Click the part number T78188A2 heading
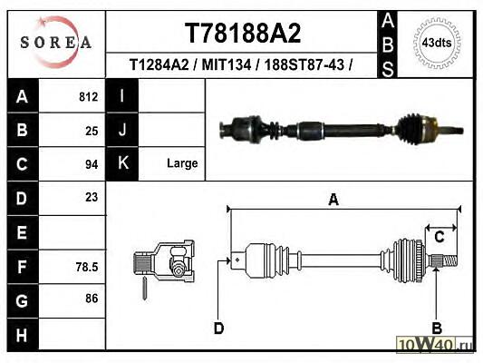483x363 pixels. pyautogui.click(x=243, y=33)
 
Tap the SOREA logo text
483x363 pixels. pyautogui.click(x=56, y=43)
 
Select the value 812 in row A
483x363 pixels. pyautogui.click(x=89, y=97)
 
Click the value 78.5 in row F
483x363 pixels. pyautogui.click(x=87, y=267)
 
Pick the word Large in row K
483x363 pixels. pyautogui.click(x=182, y=163)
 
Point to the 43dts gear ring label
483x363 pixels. pyautogui.click(x=437, y=43)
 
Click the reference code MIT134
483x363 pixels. pyautogui.click(x=227, y=64)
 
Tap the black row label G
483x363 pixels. pyautogui.click(x=22, y=300)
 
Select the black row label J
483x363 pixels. pyautogui.click(x=122, y=130)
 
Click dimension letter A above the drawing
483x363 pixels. pyautogui.click(x=333, y=200)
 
